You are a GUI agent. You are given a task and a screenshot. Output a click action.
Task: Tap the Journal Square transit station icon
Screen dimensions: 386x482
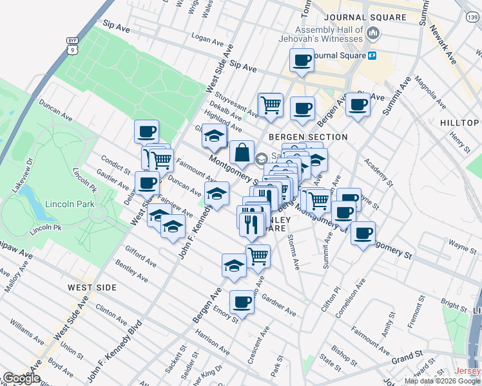click(x=372, y=56)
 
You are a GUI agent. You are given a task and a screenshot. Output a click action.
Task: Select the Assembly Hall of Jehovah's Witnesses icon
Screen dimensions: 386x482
click(x=372, y=32)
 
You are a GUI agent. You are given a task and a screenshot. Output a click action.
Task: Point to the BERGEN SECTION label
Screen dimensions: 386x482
click(x=308, y=137)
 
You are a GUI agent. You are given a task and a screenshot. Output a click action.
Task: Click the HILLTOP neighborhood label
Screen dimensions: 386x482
click(x=459, y=123)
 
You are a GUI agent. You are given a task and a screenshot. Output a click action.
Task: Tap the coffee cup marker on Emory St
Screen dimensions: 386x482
click(x=242, y=300)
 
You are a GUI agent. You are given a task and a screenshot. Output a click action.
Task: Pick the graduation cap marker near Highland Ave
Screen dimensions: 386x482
click(x=214, y=136)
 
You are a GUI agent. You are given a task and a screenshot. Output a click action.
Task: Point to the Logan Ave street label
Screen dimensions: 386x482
click(x=207, y=40)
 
